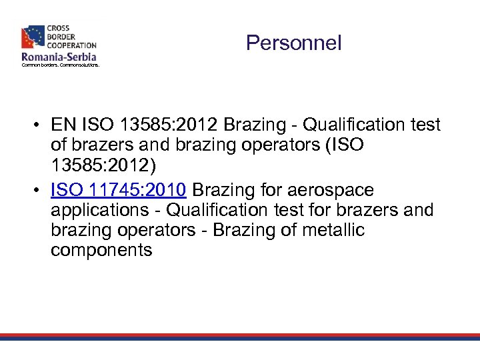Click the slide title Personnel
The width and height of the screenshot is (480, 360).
point(293,43)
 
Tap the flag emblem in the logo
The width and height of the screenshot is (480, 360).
point(33,37)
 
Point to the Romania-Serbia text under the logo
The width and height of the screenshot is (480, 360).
point(59,57)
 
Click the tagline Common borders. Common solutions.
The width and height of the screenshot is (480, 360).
point(60,65)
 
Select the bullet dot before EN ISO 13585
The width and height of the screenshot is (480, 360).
point(41,125)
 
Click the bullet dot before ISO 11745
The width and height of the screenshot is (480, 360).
point(41,191)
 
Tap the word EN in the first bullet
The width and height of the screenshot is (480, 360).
point(63,125)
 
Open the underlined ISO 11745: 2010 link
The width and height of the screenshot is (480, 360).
point(119,191)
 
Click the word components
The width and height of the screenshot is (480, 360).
point(101,251)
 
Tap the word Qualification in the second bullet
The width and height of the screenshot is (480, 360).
point(213,211)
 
